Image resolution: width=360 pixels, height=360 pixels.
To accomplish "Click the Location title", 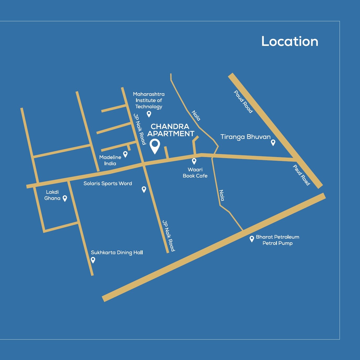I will point(290,41).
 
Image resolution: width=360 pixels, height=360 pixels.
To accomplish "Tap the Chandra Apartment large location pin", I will point(155,146).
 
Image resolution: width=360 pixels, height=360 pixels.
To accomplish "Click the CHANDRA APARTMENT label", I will point(170,130).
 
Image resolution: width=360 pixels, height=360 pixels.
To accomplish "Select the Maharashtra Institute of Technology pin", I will point(149,114).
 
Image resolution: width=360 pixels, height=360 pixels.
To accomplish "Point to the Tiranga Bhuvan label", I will point(245,137).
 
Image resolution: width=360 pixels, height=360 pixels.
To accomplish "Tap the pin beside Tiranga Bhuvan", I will point(273,142).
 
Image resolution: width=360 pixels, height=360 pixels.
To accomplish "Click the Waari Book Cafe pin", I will point(194,161).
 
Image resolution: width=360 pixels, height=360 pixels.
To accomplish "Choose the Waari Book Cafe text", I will point(195,173).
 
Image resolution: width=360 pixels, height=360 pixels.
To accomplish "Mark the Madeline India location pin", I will point(125,154).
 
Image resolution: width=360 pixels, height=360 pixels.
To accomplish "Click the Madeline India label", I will point(110,160).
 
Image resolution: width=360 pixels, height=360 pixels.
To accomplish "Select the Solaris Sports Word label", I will point(108,184).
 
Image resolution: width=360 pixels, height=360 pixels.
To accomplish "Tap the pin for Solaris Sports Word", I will point(144,189).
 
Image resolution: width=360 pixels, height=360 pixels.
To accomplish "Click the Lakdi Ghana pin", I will point(65,198).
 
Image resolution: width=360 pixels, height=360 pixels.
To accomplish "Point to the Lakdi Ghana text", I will point(52,195).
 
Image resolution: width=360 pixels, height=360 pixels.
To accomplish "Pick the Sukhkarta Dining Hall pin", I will point(93,260).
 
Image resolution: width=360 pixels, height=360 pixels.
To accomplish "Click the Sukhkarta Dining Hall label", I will point(117,252).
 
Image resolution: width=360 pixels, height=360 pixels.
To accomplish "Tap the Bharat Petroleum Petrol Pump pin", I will point(252,239).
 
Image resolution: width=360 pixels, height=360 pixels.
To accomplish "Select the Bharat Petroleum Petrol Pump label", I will point(277,240).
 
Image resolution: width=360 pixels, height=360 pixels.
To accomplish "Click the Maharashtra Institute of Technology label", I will point(149,100).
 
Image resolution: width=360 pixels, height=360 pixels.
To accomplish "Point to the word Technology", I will point(149,107).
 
